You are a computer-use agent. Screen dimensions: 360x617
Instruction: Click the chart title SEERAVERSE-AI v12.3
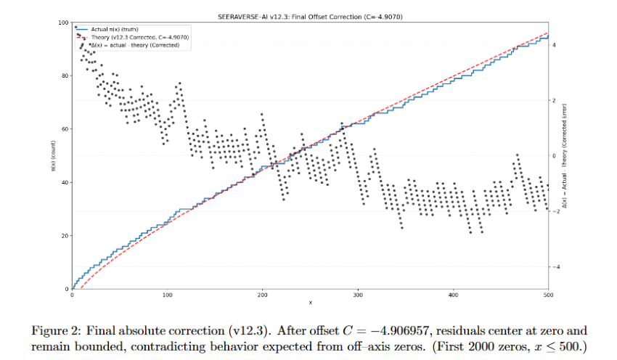click(x=311, y=16)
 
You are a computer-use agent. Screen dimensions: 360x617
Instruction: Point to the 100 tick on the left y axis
click(x=63, y=22)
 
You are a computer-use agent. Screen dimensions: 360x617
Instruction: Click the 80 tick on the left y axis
click(x=65, y=75)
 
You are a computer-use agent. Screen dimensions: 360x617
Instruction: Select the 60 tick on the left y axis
click(x=65, y=129)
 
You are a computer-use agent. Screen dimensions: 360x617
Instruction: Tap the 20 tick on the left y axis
click(x=65, y=236)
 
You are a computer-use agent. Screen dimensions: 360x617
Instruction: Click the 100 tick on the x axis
click(x=168, y=295)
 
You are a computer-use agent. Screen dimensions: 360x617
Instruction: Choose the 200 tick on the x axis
click(x=263, y=295)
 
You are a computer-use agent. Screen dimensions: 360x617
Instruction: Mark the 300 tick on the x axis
click(x=358, y=295)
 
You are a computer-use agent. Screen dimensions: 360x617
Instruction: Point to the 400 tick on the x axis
click(x=453, y=295)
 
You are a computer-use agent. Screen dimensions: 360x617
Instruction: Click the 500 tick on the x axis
click(x=548, y=295)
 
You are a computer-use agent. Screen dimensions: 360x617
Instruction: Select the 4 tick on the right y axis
click(x=554, y=45)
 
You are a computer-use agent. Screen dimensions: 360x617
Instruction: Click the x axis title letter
click(x=311, y=302)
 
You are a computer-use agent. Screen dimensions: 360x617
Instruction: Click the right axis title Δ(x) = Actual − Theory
click(x=564, y=156)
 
